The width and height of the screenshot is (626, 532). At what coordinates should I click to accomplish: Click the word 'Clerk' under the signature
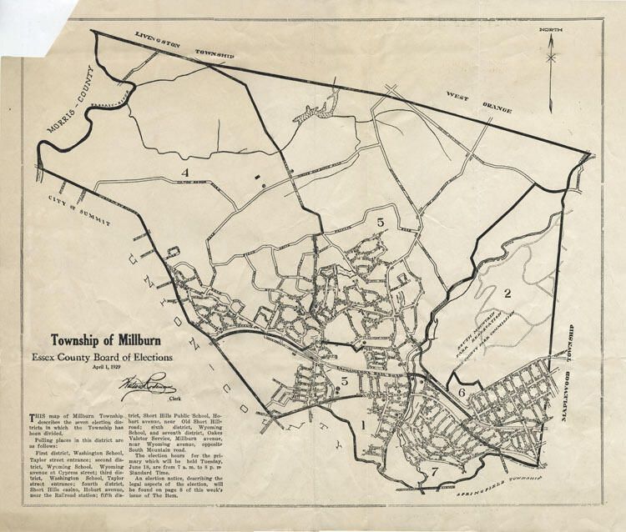point(151,399)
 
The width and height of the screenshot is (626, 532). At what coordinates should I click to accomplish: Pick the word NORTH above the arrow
point(551,31)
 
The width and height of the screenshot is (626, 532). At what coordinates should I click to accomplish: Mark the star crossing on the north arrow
point(551,58)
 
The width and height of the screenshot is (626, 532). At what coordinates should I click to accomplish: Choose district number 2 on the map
point(506,293)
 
